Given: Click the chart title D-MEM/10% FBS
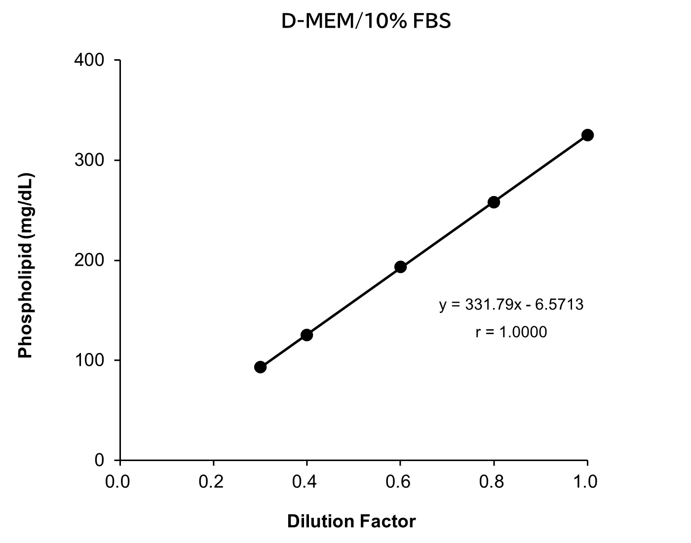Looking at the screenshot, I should click(366, 22).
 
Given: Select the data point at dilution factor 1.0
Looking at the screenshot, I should click(587, 135).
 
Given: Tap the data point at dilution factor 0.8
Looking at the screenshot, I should click(494, 202).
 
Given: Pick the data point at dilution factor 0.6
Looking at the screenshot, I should click(400, 267).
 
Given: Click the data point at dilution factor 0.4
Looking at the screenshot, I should click(307, 335).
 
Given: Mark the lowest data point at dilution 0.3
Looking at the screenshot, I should click(260, 367).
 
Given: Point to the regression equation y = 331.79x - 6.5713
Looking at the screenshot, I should click(511, 305).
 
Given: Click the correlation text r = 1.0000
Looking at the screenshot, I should click(511, 332).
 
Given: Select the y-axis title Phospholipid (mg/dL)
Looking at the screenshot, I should click(25, 266).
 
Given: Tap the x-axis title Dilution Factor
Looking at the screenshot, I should click(351, 521).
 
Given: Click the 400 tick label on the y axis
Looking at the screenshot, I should click(89, 60).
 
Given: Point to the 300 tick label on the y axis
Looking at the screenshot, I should click(89, 160).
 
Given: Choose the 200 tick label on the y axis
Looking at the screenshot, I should click(89, 260).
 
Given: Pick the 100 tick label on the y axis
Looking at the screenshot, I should click(89, 360).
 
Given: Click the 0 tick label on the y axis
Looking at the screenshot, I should click(99, 460).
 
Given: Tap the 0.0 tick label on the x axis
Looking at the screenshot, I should click(118, 481).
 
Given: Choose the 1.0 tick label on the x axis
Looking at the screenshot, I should click(586, 481).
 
